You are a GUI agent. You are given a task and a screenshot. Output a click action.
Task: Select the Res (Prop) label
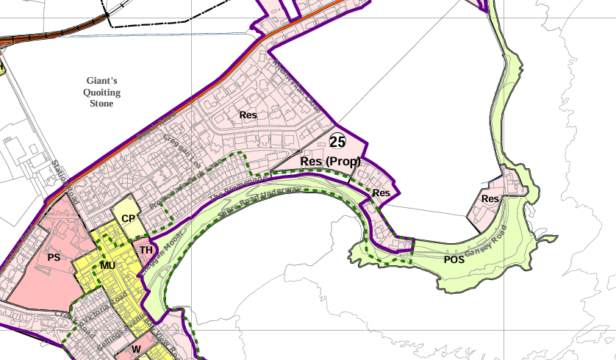tap(331, 160)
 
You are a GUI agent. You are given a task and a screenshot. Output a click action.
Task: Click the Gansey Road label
tap(486, 242)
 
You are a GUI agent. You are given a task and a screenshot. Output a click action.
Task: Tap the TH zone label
tap(146, 251)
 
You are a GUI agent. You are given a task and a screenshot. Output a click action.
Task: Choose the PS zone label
tap(53, 257)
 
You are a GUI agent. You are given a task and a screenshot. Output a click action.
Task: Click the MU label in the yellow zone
tap(108, 265)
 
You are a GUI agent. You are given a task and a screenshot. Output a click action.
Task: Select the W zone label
tap(136, 348)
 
